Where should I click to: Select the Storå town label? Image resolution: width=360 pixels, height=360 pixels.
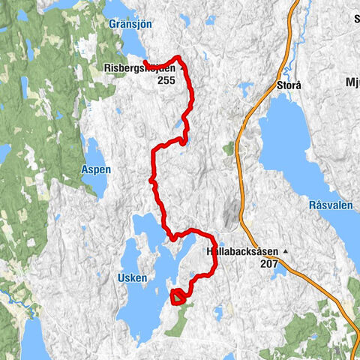click(289, 85)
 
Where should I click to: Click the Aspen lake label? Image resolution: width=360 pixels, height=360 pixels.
click(96, 169)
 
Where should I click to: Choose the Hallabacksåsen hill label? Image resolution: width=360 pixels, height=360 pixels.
click(241, 253)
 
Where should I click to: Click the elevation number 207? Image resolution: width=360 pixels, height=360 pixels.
click(269, 264)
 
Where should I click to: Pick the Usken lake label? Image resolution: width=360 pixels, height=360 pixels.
click(132, 277)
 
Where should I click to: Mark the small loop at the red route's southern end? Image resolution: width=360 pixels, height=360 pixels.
click(178, 296)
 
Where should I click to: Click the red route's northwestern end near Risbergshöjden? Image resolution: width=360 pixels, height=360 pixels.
click(144, 61)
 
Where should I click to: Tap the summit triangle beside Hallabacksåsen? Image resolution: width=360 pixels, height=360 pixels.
click(285, 253)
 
